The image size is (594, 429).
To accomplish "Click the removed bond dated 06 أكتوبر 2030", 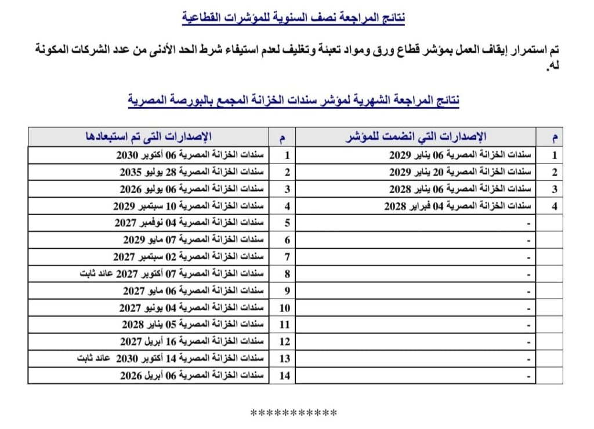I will point(191,155).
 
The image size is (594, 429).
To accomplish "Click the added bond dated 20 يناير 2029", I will point(459,172).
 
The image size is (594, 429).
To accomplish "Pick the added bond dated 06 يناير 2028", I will point(459,189).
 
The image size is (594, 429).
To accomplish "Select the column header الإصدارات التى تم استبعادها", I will point(150,137).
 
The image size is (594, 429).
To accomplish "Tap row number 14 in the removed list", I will point(284,376).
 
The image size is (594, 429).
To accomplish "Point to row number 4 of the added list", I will point(554,206).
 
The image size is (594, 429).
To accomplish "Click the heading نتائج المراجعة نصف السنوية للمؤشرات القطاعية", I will point(294,18).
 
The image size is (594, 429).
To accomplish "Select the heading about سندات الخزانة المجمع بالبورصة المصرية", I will point(294,100).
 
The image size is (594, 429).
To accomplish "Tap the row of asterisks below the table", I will point(294,413).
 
